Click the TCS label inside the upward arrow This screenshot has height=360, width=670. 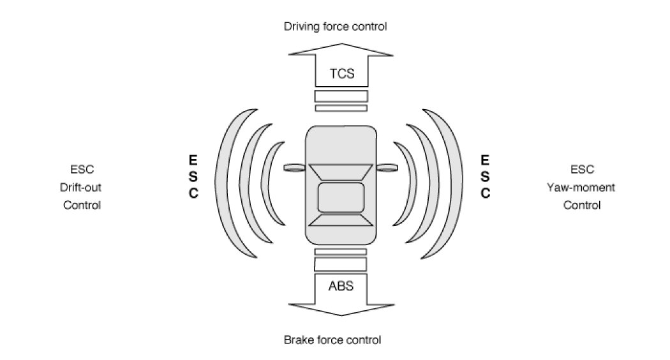point(341,74)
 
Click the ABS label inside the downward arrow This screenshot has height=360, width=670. point(341,285)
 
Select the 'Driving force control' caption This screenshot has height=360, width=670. point(336,26)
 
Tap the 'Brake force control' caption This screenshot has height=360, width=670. point(332,340)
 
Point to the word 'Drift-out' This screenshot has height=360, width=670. point(82,188)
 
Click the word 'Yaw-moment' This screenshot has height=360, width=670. point(581,188)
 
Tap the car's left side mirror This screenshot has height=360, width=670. point(294,168)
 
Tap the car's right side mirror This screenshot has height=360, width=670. point(387,168)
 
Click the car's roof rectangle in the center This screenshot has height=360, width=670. point(341,196)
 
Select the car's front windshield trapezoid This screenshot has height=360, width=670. point(341,172)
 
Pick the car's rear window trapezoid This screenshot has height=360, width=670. point(341,220)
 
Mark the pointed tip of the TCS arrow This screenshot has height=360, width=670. point(341,45)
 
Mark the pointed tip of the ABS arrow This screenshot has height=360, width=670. point(341,315)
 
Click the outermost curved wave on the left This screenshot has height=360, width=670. point(225,184)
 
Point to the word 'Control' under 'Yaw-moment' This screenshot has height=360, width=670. point(581,206)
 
